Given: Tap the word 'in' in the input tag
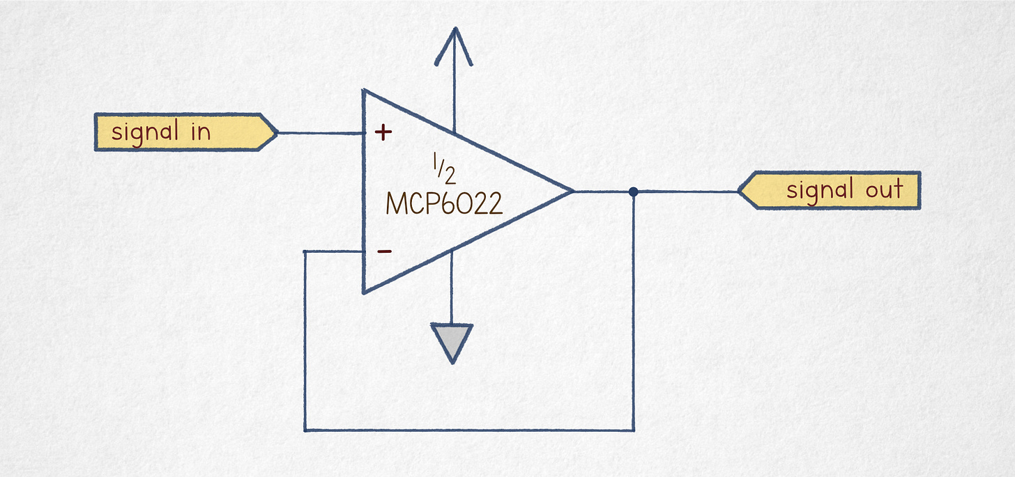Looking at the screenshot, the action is (x=201, y=132).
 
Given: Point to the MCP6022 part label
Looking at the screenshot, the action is (x=444, y=203).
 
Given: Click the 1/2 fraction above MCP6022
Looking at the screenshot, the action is (x=444, y=169).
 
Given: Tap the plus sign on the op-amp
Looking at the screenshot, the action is (x=383, y=132).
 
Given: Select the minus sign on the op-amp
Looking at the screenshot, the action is (x=385, y=251).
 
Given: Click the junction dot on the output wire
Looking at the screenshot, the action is (x=634, y=192).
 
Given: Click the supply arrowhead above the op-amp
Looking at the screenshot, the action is (x=454, y=46).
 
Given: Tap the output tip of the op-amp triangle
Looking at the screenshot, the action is (x=573, y=191).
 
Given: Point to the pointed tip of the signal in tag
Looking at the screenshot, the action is (x=277, y=132).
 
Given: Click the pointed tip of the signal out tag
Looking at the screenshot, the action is (x=739, y=191).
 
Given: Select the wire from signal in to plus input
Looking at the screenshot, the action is (x=321, y=133).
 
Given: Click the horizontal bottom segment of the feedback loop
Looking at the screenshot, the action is (x=469, y=430).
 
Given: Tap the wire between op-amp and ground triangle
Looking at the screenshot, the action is (x=451, y=288).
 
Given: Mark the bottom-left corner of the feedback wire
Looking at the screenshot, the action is (x=305, y=430).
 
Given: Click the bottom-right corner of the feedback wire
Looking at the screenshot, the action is (x=634, y=430).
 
